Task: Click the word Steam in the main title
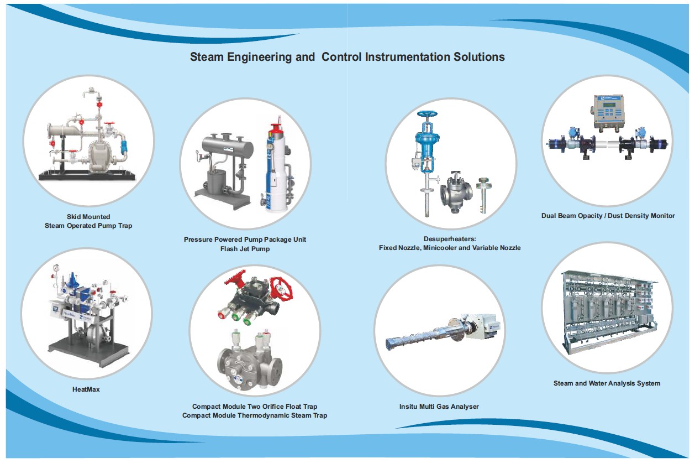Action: (207, 57)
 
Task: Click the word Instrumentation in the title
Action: (407, 57)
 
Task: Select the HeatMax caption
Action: (86, 389)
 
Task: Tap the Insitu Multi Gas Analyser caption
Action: (439, 407)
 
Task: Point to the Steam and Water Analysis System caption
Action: (607, 383)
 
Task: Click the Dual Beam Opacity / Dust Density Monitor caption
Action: (608, 216)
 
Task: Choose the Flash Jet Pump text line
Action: (245, 249)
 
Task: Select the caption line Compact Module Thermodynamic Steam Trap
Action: (255, 415)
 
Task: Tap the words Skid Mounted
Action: (88, 217)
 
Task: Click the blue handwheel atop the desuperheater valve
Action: (427, 114)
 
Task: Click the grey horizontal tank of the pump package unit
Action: (227, 146)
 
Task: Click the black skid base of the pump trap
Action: (87, 175)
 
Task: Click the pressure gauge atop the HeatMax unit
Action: (56, 268)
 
